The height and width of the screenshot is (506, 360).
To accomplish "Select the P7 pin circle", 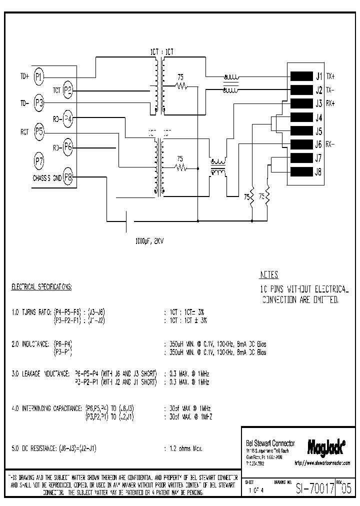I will click(x=39, y=161).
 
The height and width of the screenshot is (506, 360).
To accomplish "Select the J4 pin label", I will click(x=318, y=118).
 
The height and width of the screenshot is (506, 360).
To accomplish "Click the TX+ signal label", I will click(x=331, y=77).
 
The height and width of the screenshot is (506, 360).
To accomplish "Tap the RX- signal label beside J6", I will click(x=331, y=145).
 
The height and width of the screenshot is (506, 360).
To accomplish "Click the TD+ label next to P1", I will click(x=24, y=76).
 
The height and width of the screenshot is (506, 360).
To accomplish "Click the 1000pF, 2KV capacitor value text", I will click(x=149, y=240).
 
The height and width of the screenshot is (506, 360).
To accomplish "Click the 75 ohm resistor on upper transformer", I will click(x=181, y=86).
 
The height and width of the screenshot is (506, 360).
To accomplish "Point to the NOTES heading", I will click(x=269, y=275).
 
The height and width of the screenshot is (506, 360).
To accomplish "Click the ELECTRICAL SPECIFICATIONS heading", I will click(x=42, y=287).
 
